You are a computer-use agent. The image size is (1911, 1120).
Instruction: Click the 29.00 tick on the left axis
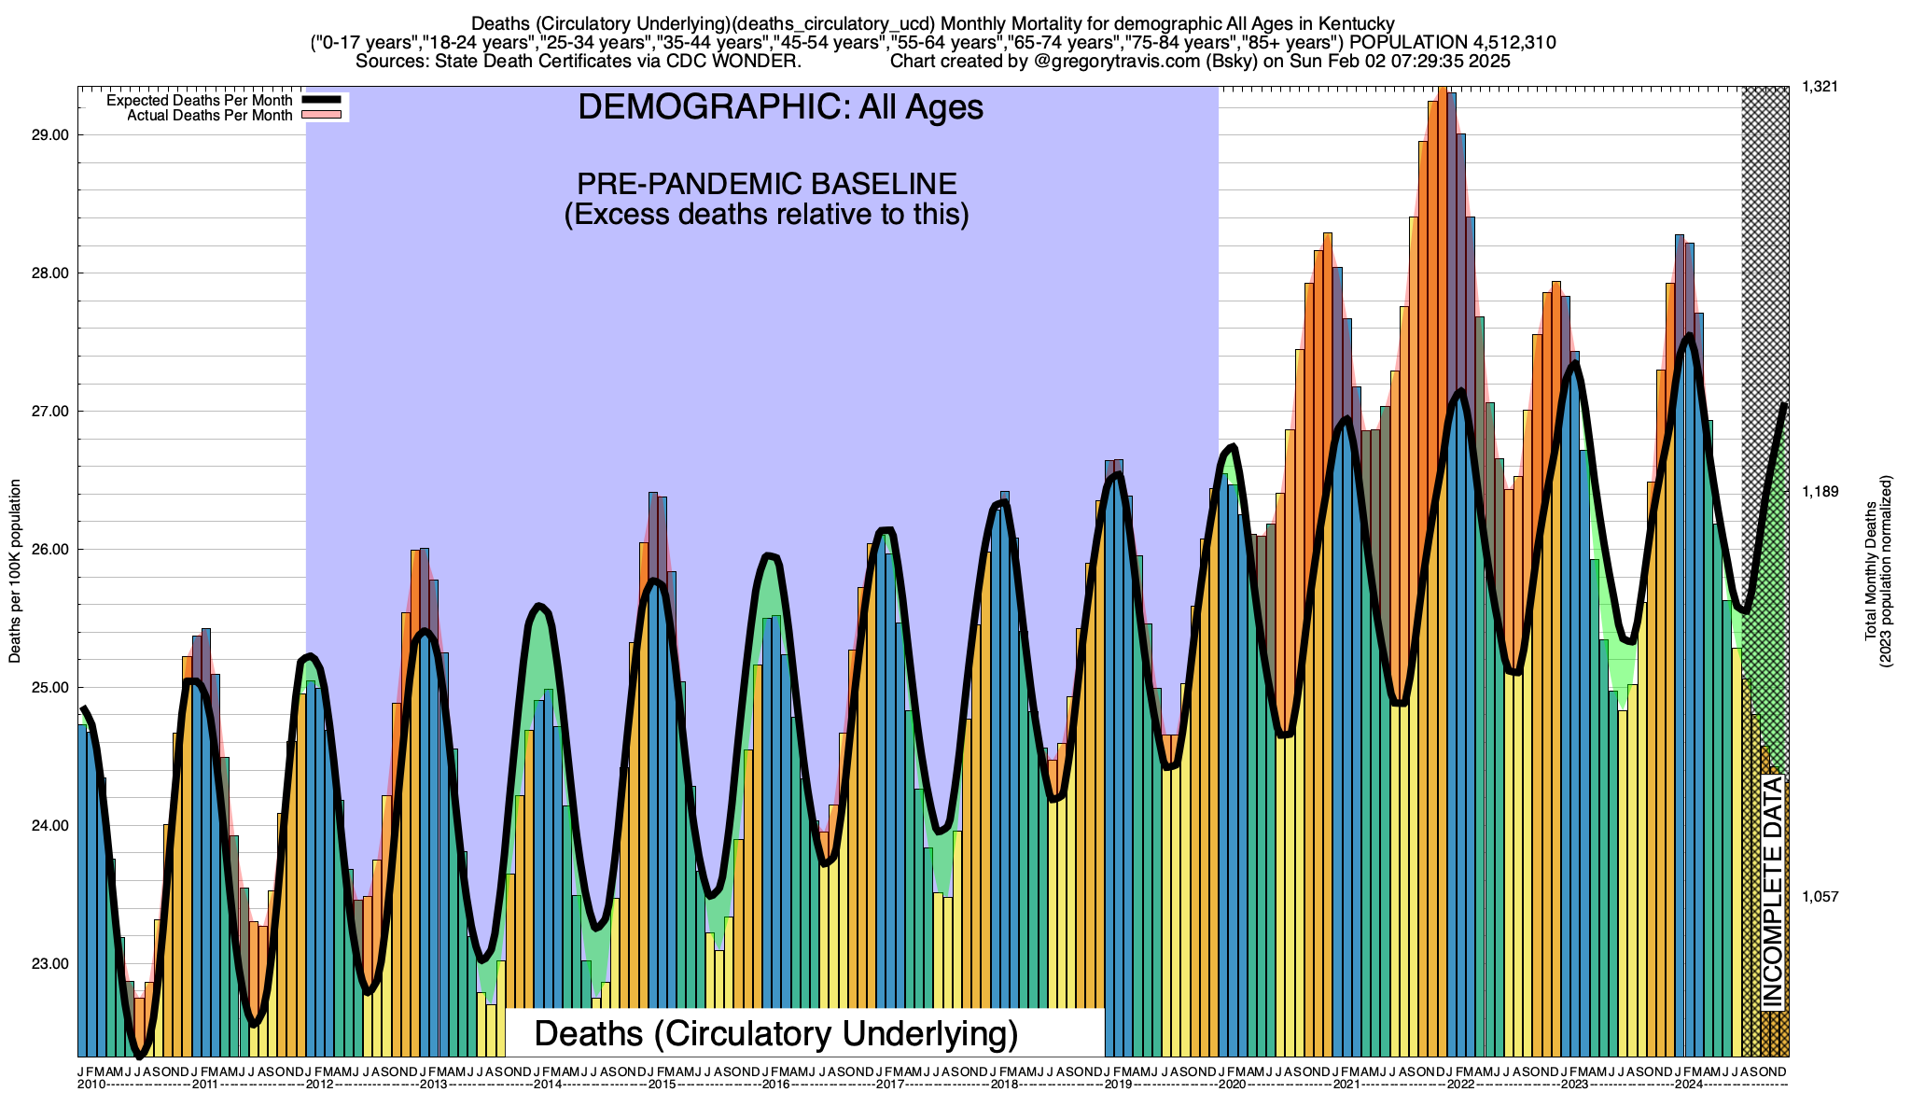click(x=49, y=135)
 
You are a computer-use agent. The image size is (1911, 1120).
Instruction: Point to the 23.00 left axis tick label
click(x=49, y=964)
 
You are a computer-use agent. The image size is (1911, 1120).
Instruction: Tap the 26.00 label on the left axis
click(x=49, y=550)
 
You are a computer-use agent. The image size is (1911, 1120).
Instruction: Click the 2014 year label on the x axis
click(x=548, y=1085)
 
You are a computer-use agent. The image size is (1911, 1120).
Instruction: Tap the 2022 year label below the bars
click(x=1460, y=1085)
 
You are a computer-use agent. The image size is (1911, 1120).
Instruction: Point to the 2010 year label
click(x=91, y=1085)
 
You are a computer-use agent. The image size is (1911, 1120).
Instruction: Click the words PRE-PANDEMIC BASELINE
click(x=766, y=183)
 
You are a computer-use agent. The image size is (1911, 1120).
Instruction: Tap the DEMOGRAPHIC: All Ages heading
click(x=780, y=107)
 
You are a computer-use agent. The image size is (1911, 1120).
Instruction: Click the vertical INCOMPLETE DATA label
click(x=1772, y=892)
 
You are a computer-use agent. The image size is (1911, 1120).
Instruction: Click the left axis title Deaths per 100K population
click(x=15, y=571)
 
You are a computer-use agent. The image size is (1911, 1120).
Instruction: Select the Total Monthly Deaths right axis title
click(x=1871, y=571)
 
